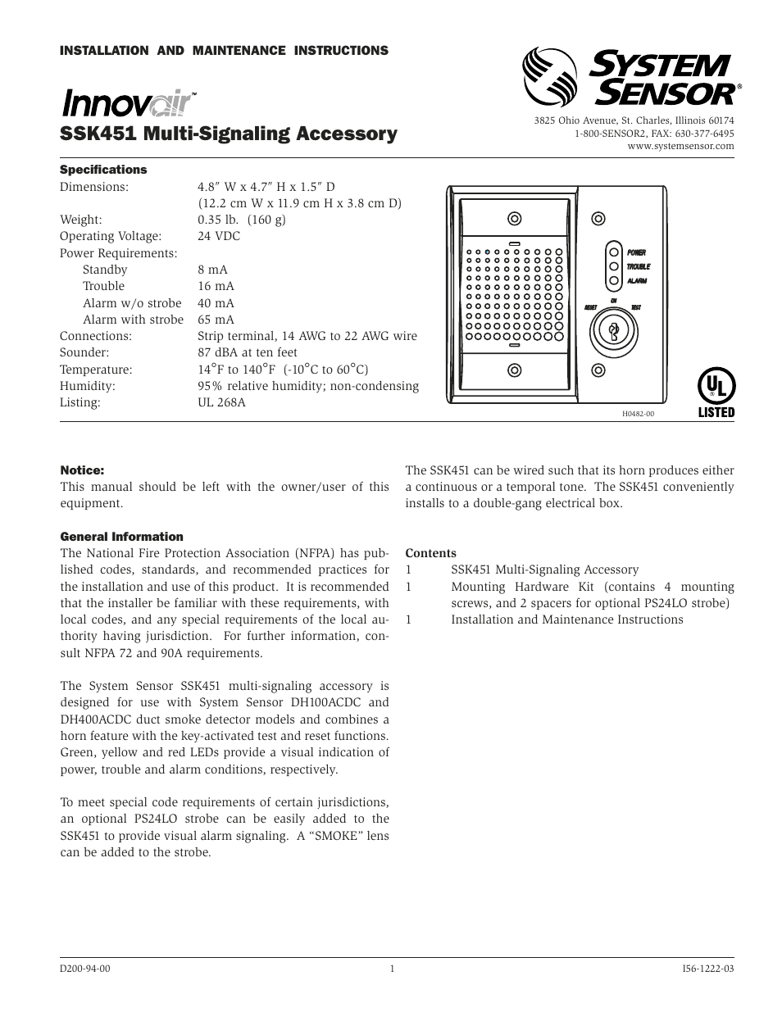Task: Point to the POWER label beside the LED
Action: (x=637, y=253)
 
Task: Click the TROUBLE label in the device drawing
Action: (x=639, y=267)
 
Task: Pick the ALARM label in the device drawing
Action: (x=637, y=281)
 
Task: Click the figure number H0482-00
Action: (x=638, y=414)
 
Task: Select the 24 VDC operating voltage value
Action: (x=219, y=236)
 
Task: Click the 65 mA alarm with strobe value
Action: (x=216, y=320)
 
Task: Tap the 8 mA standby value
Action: (x=212, y=270)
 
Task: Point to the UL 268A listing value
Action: (x=221, y=402)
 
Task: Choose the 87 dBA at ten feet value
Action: (x=248, y=352)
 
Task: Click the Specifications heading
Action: (x=103, y=170)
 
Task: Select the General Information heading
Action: (x=121, y=537)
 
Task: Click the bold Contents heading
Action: (x=430, y=553)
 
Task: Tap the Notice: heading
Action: (x=82, y=470)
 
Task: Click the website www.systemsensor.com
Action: (x=680, y=146)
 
